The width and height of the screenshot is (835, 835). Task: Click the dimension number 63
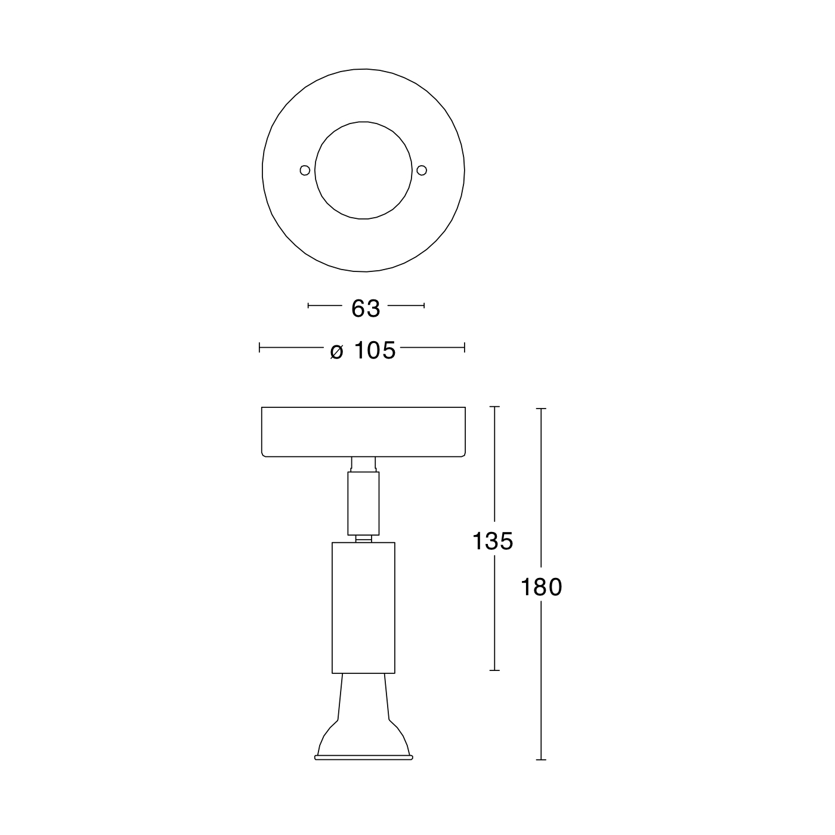pos(365,308)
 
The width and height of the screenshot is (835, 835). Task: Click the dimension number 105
pos(375,350)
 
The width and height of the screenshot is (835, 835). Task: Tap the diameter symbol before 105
pos(336,351)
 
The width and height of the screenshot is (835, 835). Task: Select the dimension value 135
pos(493,541)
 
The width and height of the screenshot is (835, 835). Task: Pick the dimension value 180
pos(541,587)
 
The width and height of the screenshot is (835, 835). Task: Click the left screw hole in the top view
pos(305,171)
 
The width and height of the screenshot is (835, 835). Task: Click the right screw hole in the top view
pos(422,171)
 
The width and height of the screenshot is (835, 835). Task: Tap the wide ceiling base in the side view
pos(364,432)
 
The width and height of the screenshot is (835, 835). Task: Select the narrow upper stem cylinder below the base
pos(364,503)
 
